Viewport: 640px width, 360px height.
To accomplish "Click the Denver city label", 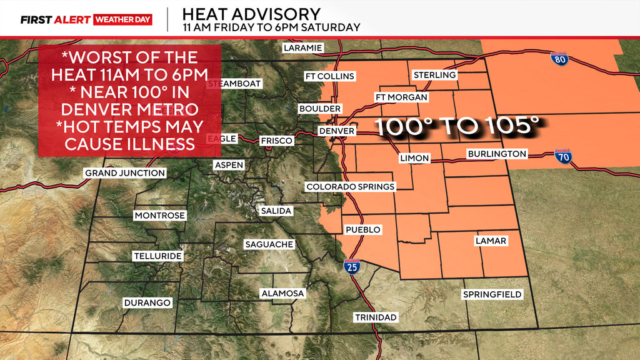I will point(336,131).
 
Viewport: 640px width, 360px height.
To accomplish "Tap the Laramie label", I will point(302,47).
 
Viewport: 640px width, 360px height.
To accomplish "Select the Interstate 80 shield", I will point(559,59).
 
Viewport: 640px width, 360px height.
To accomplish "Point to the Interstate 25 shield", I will point(351,267).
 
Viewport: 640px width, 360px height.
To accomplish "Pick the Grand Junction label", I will point(125,172).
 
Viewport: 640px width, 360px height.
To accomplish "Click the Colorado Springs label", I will point(350,187).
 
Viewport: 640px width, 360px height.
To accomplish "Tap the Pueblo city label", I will point(362,230).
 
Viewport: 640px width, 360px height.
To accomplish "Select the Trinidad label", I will point(376,317).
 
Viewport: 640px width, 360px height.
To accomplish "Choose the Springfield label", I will point(492,294).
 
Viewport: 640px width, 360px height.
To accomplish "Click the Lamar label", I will point(491,241).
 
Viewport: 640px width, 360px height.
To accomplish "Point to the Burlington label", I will point(497,154).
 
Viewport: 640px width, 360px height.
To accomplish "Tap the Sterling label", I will point(434,75).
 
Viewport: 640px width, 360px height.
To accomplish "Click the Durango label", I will point(147,302).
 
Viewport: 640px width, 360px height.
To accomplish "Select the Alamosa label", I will point(282,293).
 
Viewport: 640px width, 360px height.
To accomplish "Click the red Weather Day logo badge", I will point(123,19).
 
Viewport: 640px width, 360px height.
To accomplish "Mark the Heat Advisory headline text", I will point(251,13).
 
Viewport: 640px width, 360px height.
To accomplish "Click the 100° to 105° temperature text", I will point(456,127).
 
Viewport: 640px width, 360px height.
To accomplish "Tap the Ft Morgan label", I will point(401,97).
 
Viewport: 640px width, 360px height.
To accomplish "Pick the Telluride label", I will point(157,256).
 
